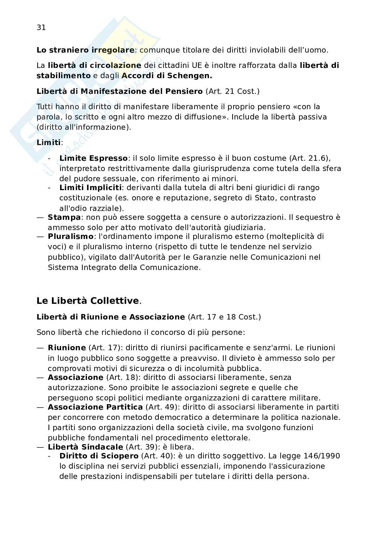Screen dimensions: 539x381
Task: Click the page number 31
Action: point(41,28)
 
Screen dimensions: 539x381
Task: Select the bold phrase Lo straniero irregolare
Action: point(85,50)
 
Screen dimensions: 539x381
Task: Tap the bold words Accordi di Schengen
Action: point(167,76)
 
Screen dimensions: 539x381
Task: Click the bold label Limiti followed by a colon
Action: point(48,143)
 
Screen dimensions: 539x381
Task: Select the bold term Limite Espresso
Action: point(93,158)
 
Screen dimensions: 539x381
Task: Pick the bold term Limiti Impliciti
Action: point(90,188)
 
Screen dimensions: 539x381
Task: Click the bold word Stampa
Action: point(64,217)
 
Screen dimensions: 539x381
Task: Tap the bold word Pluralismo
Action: point(70,237)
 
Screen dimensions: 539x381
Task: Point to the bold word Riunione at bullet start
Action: point(67,348)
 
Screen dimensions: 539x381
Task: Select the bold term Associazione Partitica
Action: point(95,407)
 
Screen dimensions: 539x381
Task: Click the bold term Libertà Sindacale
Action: point(85,447)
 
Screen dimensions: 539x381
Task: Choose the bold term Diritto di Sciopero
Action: point(99,456)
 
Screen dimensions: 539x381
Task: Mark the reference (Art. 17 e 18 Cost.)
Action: point(224,317)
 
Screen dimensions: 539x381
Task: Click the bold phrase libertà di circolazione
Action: point(95,66)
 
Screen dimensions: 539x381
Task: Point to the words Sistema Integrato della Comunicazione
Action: point(124,268)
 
